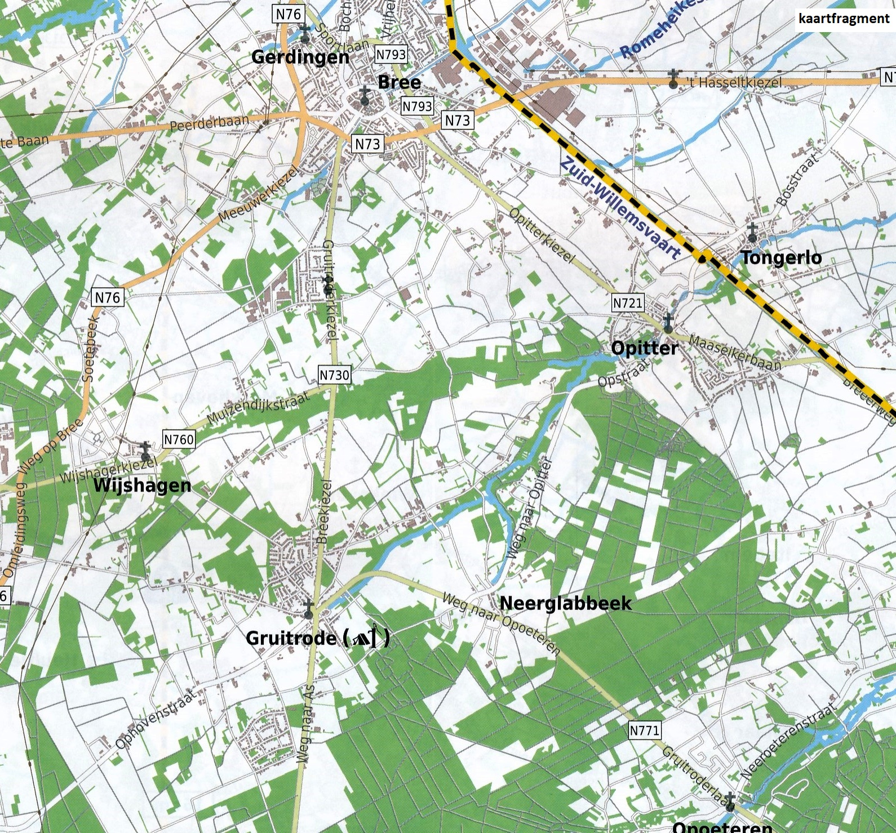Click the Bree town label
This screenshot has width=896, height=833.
399,82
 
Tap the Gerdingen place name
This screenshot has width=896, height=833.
300,57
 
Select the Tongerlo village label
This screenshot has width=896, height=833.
781,257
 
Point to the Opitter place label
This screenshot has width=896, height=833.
645,348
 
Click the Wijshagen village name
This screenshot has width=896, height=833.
142,485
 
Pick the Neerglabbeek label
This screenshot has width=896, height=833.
565,603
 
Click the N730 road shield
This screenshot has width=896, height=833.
334,375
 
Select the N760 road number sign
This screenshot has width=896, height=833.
179,439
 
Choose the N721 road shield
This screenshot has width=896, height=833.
627,303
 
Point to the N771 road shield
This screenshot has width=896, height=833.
644,730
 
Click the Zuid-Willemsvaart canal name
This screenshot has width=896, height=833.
620,208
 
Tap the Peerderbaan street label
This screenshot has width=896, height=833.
209,122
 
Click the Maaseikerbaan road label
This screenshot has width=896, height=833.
735,353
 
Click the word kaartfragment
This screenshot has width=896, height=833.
844,19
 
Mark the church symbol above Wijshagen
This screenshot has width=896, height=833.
146,451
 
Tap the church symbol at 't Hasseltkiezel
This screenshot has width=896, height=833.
673,79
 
